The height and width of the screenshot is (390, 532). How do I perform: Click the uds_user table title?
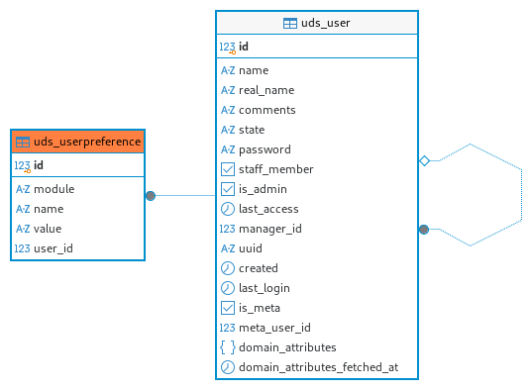pyautogui.click(x=325, y=23)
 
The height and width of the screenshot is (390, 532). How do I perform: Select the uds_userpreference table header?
pyautogui.click(x=78, y=142)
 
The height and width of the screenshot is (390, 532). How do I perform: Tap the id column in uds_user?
pyautogui.click(x=244, y=47)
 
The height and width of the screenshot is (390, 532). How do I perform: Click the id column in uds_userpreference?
pyautogui.click(x=39, y=165)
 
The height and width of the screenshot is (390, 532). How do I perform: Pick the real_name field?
pyautogui.click(x=266, y=90)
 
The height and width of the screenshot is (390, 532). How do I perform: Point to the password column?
pyautogui.click(x=265, y=149)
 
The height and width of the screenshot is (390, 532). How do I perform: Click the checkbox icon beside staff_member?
pyautogui.click(x=227, y=169)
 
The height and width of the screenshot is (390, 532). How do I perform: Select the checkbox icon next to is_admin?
pyautogui.click(x=227, y=189)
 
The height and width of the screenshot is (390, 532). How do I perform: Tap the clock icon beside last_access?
pyautogui.click(x=227, y=209)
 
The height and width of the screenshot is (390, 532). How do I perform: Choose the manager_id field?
pyautogui.click(x=270, y=229)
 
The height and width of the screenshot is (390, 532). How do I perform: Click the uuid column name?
pyautogui.click(x=251, y=248)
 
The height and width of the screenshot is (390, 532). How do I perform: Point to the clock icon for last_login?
pyautogui.click(x=227, y=288)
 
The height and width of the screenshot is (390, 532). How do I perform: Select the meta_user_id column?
pyautogui.click(x=274, y=328)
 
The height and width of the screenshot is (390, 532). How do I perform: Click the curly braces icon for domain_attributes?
pyautogui.click(x=227, y=347)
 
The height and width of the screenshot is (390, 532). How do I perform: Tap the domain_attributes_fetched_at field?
pyautogui.click(x=318, y=367)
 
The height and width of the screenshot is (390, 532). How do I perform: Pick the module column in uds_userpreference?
pyautogui.click(x=53, y=189)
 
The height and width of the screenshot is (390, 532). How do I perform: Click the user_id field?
pyautogui.click(x=53, y=248)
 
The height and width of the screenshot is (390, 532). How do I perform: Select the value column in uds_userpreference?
pyautogui.click(x=48, y=229)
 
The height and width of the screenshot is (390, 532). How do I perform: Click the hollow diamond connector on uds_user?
pyautogui.click(x=424, y=160)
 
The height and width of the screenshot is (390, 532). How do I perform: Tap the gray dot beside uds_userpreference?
pyautogui.click(x=151, y=196)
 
